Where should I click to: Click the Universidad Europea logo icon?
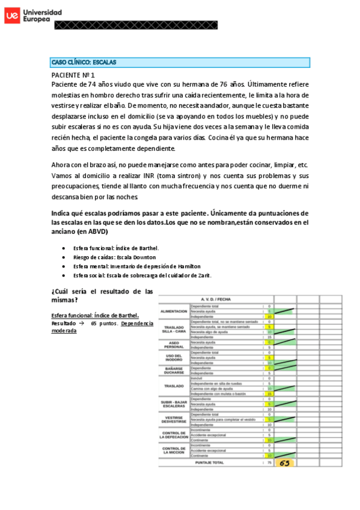pos(11,16)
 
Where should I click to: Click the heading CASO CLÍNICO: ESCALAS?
pos(84,62)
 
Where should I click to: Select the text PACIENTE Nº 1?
pos(73,75)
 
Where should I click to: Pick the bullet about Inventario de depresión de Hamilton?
pos(136,266)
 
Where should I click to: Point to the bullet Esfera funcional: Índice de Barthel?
pos(115,248)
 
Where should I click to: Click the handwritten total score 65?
pos(285,463)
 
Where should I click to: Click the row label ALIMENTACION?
pos(174,311)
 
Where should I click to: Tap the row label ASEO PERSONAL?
pos(174,345)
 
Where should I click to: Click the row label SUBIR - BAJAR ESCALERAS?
pos(174,404)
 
